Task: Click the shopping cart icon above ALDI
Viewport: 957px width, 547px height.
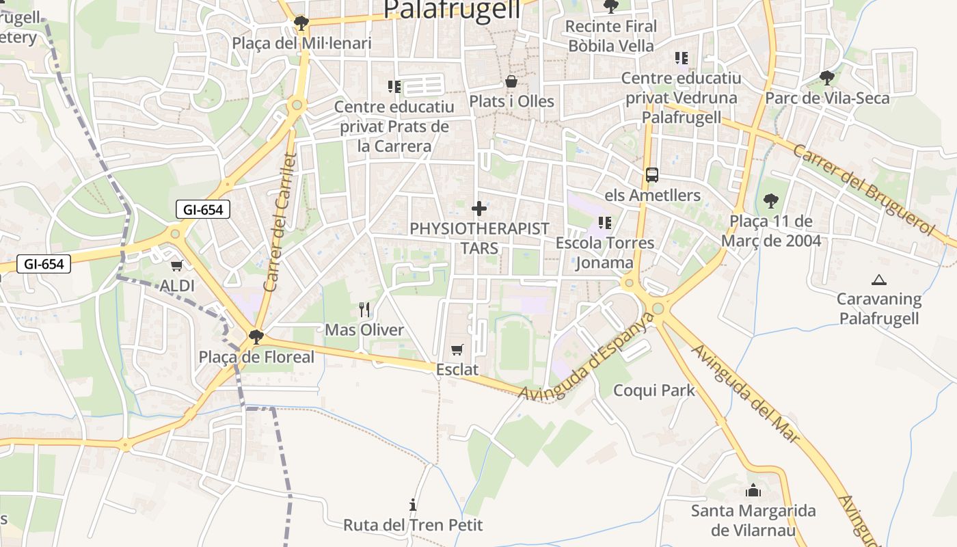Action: (177, 265)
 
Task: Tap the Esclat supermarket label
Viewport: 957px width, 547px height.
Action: (457, 369)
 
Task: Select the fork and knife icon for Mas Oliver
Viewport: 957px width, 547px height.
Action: (364, 310)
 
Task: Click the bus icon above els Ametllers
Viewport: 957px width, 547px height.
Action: (652, 175)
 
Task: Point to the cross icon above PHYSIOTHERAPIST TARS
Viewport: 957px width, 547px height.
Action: (479, 209)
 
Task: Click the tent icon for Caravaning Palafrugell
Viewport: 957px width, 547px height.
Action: (879, 280)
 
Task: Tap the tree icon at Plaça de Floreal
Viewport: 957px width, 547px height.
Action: (256, 336)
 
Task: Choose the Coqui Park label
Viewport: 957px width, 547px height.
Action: (653, 390)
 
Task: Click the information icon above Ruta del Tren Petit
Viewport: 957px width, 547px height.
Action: (413, 505)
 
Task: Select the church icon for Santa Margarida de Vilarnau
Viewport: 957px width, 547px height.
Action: (753, 490)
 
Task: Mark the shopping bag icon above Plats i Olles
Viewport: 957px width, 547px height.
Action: (511, 82)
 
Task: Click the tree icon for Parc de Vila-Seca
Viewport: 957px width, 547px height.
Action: (827, 78)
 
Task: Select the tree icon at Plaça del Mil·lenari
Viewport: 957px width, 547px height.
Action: (300, 24)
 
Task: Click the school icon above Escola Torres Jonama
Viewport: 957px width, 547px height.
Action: (604, 223)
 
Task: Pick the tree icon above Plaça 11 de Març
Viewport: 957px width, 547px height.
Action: (771, 201)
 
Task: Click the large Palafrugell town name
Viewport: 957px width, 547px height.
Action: (452, 10)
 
